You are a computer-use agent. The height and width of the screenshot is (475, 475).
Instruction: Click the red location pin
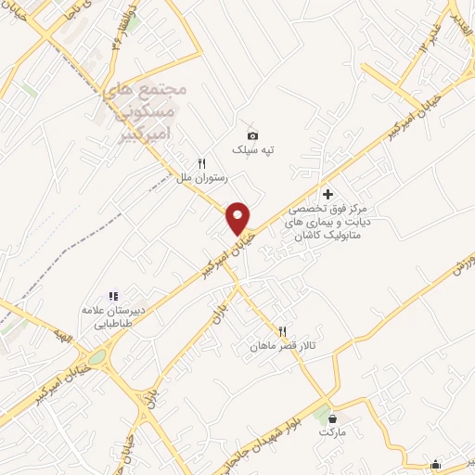coord(238,217)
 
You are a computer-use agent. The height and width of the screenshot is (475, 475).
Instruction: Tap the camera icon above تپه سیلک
coord(252,135)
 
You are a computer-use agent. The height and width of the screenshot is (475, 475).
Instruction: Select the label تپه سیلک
coord(253,149)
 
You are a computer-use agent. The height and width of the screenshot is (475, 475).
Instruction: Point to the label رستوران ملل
coord(196,176)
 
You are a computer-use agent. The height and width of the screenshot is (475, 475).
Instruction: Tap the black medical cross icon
coord(327,193)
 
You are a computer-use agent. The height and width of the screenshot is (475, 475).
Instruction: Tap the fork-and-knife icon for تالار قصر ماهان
coord(282,331)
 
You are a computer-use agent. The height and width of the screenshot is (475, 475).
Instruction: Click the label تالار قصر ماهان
coord(282,346)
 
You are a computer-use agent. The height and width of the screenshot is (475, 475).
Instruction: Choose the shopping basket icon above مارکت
coord(332,417)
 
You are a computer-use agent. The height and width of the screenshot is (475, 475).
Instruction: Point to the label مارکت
coord(331,432)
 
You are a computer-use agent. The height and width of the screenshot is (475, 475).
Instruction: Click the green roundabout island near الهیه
coord(96,357)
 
